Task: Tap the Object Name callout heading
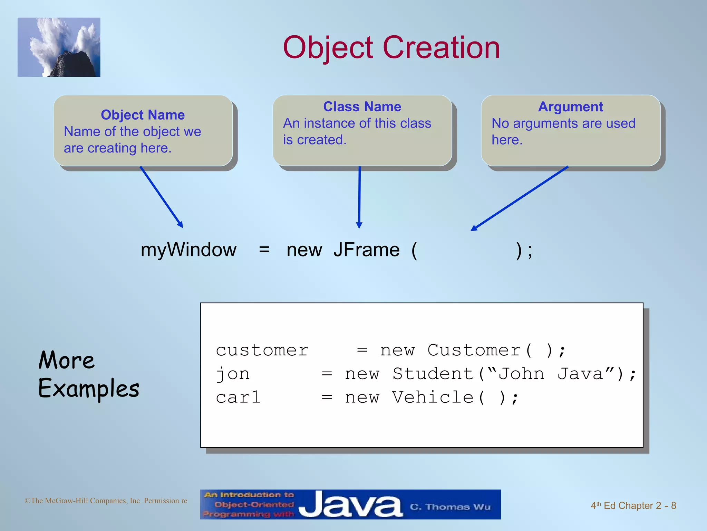coord(143,115)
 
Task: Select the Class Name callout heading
coord(362,106)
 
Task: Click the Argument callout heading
coord(570,106)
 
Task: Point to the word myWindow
coord(188,250)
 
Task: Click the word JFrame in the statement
coord(366,250)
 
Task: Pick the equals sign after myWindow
coord(264,249)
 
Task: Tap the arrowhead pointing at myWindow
coord(180,225)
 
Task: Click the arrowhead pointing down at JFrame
coord(359,225)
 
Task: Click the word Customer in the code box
coord(474,350)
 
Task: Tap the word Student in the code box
coord(433,374)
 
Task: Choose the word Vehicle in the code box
coord(433,397)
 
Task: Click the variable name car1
coord(238,397)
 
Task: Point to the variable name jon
coord(233,374)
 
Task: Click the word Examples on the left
coord(89,389)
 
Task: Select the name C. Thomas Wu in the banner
coord(450,507)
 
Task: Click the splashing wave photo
coord(59,47)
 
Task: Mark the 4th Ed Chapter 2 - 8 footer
coord(633,505)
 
